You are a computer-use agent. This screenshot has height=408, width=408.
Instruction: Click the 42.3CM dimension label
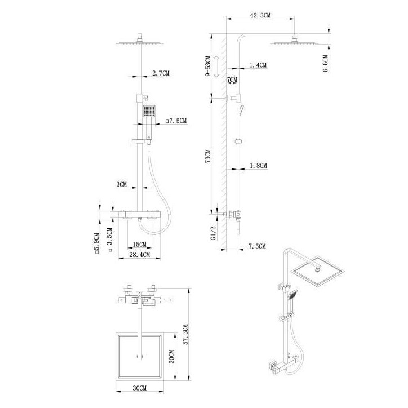[x=260, y=15]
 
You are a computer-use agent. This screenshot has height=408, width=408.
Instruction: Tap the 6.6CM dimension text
[x=326, y=64]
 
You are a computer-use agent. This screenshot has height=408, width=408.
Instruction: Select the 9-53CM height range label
[x=208, y=66]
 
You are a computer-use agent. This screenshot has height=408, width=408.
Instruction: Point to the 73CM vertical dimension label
[x=208, y=156]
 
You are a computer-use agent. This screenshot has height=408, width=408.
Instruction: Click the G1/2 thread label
[x=214, y=233]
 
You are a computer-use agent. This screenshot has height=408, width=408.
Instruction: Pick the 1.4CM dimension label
[x=258, y=65]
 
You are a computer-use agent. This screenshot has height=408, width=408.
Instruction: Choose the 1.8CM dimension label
[x=258, y=166]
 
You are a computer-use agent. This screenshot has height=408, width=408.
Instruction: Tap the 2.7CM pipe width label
[x=161, y=73]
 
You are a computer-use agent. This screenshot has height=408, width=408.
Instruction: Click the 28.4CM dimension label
[x=140, y=255]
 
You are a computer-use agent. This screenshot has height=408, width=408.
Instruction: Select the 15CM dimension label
[x=139, y=245]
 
